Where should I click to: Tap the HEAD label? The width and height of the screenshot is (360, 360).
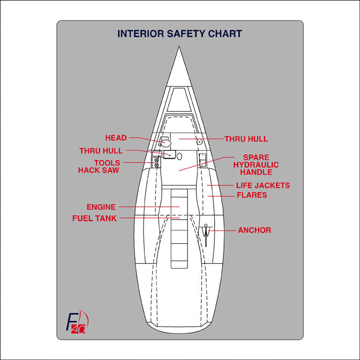pyautogui.click(x=116, y=138)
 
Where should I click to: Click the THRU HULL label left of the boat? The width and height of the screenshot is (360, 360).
pyautogui.click(x=101, y=151)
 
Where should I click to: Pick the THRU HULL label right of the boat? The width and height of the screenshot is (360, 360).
pyautogui.click(x=246, y=139)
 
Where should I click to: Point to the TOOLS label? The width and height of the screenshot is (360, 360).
pyautogui.click(x=107, y=163)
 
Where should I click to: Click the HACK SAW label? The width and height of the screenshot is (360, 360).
pyautogui.click(x=98, y=170)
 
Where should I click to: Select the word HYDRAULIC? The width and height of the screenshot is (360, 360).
pyautogui.click(x=256, y=165)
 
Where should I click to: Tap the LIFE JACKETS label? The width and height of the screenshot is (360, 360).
pyautogui.click(x=263, y=185)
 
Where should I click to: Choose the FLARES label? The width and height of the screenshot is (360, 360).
pyautogui.click(x=252, y=195)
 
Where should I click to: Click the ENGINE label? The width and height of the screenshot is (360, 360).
pyautogui.click(x=101, y=207)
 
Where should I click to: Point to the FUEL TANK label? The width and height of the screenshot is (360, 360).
pyautogui.click(x=94, y=218)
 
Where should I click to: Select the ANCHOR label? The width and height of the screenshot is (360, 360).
pyautogui.click(x=254, y=230)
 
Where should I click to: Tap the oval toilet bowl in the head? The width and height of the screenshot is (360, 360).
pyautogui.click(x=167, y=143)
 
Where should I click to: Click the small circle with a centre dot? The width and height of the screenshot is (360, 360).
pyautogui.click(x=199, y=141)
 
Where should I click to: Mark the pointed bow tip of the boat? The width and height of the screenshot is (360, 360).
pyautogui.click(x=180, y=49)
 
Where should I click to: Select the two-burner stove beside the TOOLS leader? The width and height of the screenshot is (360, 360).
pyautogui.click(x=157, y=163)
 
